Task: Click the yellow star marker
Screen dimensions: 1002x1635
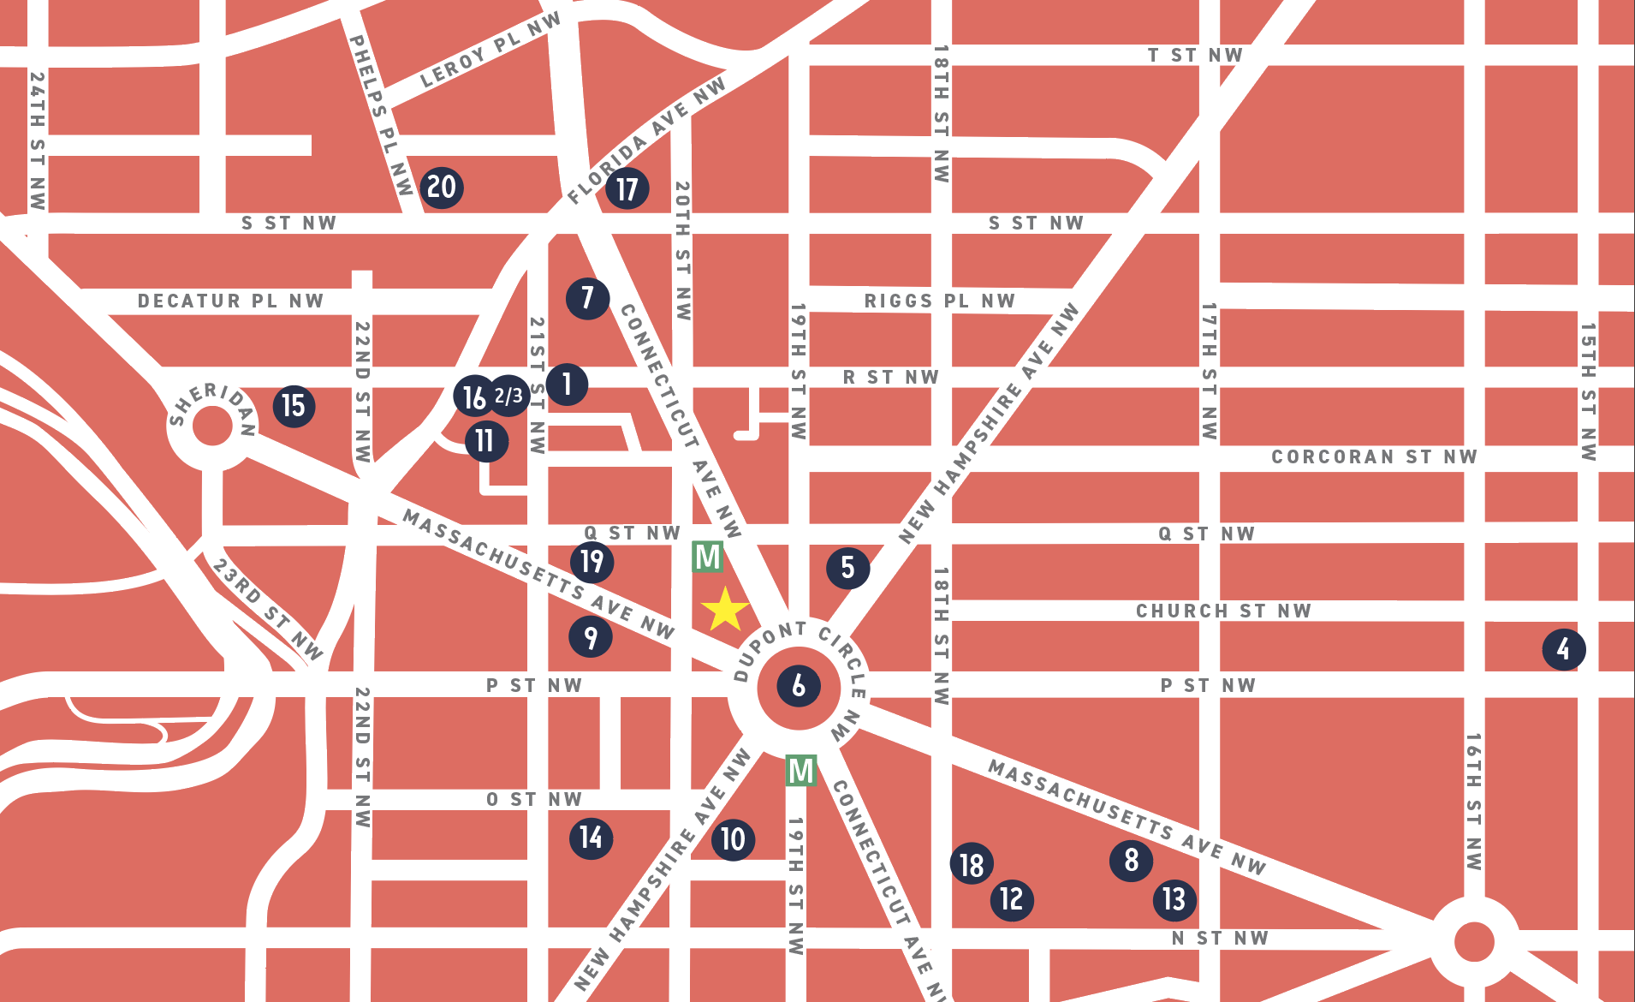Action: point(725,610)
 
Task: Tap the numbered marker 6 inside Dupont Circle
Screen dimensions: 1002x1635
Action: point(799,686)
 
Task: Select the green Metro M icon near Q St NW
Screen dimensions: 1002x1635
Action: point(708,558)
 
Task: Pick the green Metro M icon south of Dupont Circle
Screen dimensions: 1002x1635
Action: point(801,771)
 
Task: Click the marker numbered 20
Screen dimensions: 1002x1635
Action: point(442,188)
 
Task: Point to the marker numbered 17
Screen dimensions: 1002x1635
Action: point(627,189)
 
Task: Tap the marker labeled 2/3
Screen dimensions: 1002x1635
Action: point(509,396)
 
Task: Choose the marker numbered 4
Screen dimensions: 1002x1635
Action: point(1564,649)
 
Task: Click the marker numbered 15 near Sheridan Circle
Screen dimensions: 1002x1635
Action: point(294,406)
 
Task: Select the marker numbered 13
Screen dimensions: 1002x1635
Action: point(1174,899)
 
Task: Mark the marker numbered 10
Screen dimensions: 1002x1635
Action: point(733,839)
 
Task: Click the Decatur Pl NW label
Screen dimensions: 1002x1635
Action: point(230,301)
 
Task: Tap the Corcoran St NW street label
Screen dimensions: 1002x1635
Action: point(1374,457)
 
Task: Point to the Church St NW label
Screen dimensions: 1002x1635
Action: point(1223,611)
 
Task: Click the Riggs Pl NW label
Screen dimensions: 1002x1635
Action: point(939,301)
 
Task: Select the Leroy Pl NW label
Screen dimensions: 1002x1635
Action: point(490,51)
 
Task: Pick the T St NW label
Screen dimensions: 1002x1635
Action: point(1195,56)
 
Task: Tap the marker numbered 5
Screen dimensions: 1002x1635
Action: point(847,568)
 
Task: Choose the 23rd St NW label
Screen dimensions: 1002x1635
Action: point(267,610)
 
